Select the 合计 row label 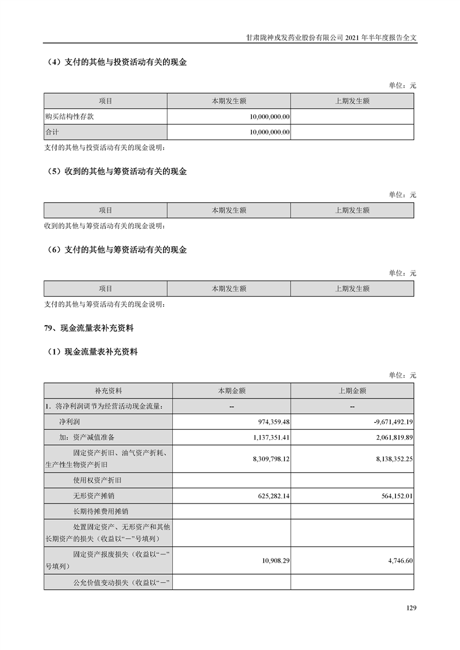52,132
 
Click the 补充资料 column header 108,391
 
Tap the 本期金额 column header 231,391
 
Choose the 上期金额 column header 352,391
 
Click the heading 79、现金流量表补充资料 89,328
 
